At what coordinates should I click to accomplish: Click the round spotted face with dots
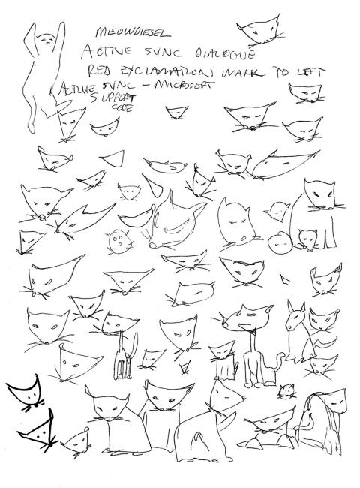pos(118,240)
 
